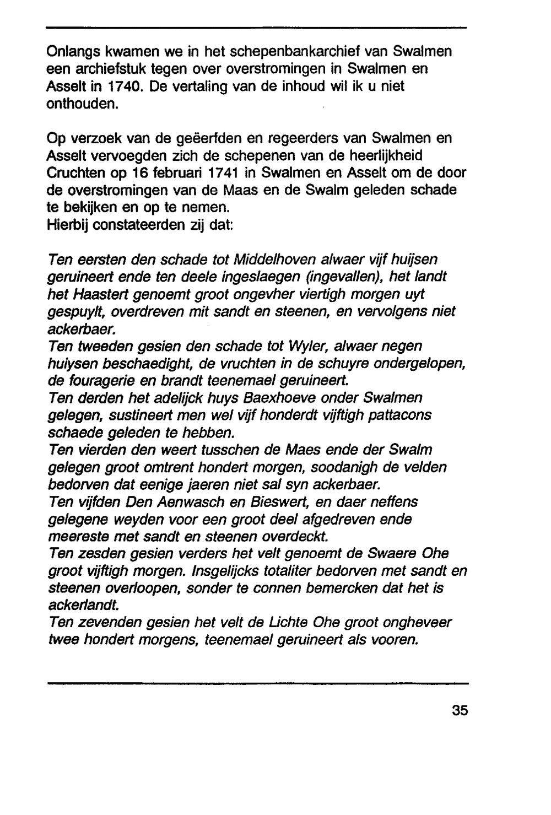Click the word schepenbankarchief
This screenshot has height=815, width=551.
pyautogui.click(x=306, y=52)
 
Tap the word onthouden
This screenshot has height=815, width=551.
pyautogui.click(x=82, y=104)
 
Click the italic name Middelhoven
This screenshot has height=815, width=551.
pyautogui.click(x=267, y=260)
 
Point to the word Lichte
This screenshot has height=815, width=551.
pyautogui.click(x=285, y=623)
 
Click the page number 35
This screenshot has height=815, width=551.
pyautogui.click(x=460, y=710)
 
